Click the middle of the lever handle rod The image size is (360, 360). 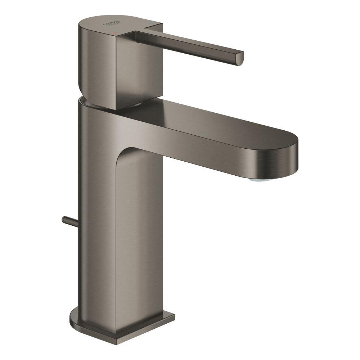pyautogui.click(x=187, y=45)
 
